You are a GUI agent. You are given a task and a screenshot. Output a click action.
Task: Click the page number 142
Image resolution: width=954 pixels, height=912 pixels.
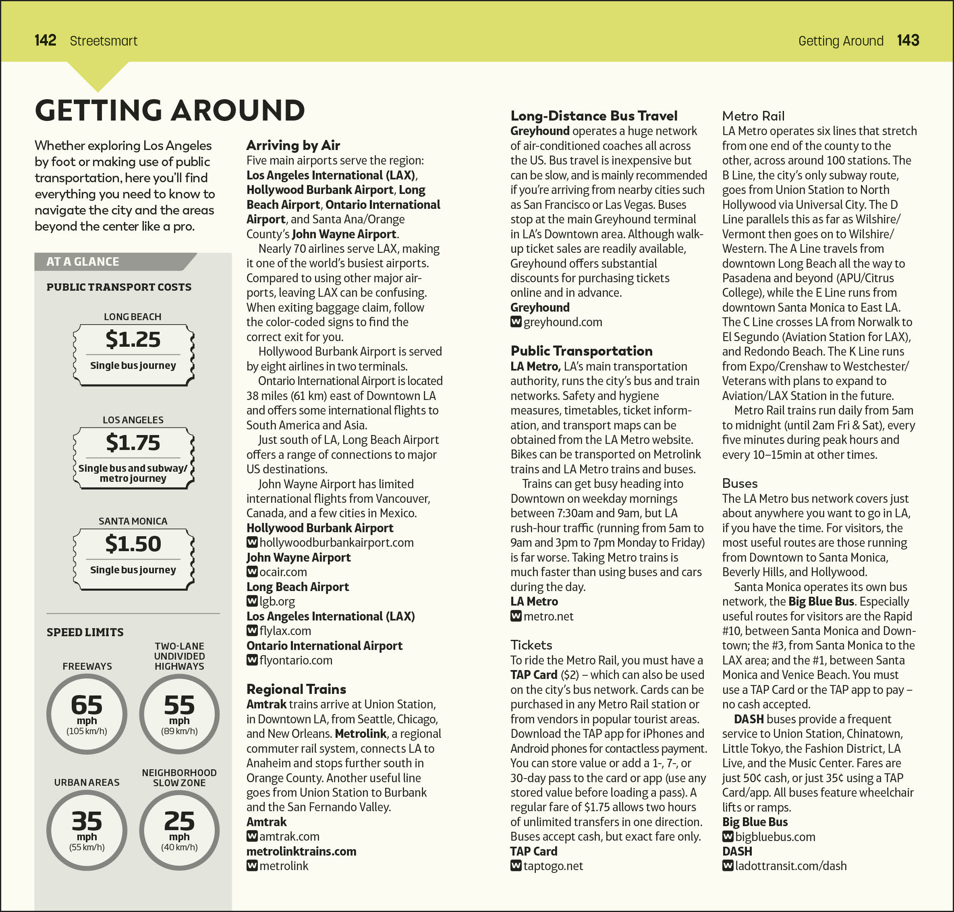[x=45, y=40]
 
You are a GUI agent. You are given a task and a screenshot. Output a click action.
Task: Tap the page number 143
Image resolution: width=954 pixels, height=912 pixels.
[x=907, y=40]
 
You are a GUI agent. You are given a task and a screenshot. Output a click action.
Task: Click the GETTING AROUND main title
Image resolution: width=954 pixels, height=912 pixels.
[x=170, y=110]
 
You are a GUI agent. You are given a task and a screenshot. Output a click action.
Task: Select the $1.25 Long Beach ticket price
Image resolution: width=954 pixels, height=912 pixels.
[x=133, y=339]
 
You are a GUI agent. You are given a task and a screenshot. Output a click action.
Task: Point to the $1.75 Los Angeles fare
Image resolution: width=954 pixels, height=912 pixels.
[x=133, y=442]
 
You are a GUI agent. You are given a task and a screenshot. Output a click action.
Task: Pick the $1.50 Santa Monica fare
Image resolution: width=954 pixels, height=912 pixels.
[x=133, y=543]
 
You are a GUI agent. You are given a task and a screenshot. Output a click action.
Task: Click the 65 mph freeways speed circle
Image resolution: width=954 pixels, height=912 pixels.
[x=87, y=714]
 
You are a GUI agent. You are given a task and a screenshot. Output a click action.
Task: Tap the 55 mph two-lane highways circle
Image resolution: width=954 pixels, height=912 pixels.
[x=179, y=714]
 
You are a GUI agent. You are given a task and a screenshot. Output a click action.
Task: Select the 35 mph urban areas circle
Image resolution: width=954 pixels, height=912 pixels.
[x=87, y=830]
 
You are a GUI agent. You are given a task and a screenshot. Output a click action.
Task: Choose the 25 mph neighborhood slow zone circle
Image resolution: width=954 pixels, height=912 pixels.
[x=179, y=830]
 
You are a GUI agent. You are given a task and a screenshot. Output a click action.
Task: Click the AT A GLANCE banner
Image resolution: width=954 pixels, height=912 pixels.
[x=83, y=262]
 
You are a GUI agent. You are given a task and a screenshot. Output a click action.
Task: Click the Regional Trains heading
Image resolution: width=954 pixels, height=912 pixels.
[x=296, y=689]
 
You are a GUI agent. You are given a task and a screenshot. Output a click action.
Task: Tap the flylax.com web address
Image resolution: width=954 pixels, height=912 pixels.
[x=285, y=631]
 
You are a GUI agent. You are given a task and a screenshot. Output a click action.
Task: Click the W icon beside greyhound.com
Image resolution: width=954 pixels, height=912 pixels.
[x=516, y=322]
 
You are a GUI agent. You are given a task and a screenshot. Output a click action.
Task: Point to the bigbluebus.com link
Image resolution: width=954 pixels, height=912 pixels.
[x=775, y=837]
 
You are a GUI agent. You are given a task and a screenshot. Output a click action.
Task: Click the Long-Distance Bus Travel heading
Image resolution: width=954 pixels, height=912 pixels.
[x=593, y=116]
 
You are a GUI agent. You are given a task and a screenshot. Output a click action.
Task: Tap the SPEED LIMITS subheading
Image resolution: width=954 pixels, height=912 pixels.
[x=85, y=632]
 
